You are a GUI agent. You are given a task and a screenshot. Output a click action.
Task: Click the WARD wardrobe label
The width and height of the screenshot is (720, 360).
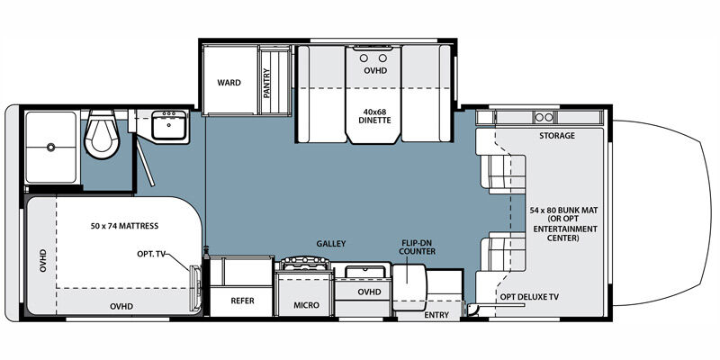(229, 83)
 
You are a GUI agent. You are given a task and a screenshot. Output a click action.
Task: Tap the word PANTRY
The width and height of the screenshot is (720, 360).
(266, 83)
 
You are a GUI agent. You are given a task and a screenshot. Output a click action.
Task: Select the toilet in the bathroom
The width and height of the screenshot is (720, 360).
(102, 134)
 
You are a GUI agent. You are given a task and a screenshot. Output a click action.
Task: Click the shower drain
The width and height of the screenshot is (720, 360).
(50, 148)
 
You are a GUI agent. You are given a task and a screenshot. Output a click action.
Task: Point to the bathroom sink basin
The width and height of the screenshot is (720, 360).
(169, 124)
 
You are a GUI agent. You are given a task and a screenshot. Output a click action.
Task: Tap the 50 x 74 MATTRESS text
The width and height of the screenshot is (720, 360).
(124, 226)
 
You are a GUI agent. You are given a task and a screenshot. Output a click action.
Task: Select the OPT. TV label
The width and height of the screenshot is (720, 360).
(150, 254)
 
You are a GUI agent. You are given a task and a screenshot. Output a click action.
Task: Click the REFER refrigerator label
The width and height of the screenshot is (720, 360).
(242, 301)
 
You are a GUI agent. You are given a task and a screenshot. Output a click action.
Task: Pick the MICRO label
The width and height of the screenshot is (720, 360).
(307, 305)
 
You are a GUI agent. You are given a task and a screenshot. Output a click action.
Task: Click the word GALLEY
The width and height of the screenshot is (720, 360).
(330, 244)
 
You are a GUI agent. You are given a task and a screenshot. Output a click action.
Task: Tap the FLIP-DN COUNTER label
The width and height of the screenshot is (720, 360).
(417, 247)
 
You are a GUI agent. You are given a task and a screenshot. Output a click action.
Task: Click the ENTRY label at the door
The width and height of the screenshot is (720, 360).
(436, 315)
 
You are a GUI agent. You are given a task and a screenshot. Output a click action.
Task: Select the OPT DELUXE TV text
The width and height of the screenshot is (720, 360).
(529, 297)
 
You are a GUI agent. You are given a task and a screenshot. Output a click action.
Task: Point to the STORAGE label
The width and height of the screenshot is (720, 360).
(557, 136)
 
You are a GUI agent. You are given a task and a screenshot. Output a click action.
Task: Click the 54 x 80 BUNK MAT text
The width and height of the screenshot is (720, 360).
(563, 211)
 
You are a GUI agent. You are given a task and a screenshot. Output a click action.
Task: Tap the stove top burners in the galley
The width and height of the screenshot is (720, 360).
(306, 265)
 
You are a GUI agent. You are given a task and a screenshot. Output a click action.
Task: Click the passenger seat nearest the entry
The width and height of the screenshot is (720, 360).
(503, 252)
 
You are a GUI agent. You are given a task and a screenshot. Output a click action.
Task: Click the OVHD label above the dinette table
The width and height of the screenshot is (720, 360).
(375, 71)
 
